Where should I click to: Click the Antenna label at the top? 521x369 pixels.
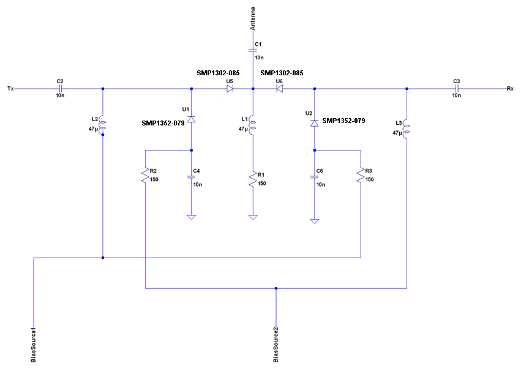253,20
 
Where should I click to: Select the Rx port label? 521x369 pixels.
510,89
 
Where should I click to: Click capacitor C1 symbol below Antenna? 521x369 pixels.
253,51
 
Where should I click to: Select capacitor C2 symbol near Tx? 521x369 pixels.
59,89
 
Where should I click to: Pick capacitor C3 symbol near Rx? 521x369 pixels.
456,89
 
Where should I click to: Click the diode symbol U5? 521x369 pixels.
230,89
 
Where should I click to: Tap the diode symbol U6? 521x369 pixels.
279,89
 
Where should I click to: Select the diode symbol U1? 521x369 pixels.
192,119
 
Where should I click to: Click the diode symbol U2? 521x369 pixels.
314,123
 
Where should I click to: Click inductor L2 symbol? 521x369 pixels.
103,125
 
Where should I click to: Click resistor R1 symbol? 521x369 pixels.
253,179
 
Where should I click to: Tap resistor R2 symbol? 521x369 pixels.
145,176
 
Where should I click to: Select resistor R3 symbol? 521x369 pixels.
361,176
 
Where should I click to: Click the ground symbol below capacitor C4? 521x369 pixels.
192,217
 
